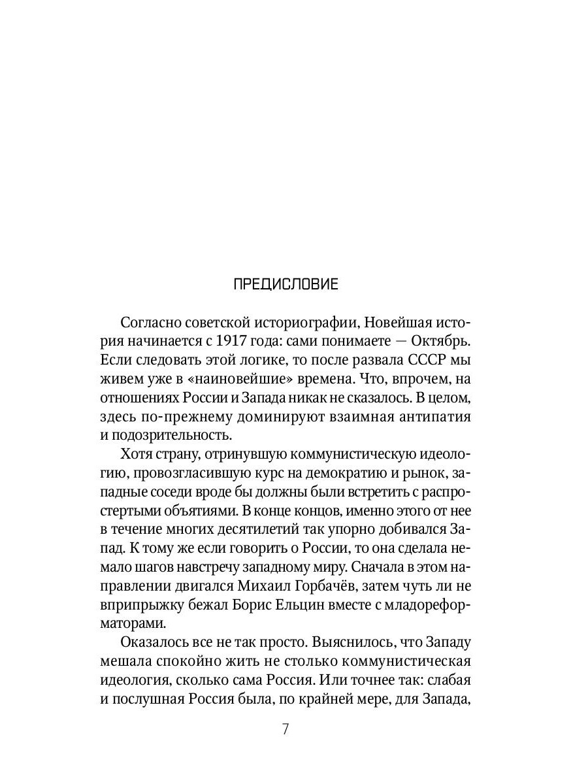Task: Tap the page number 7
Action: [286, 730]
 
